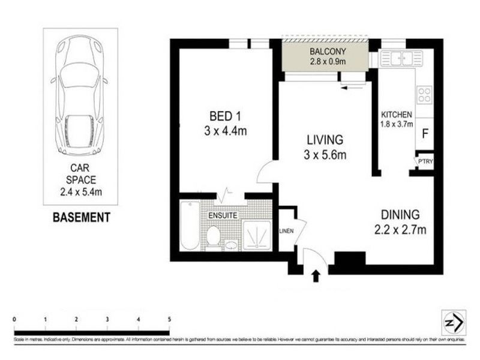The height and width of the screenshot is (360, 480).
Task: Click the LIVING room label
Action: [x=325, y=140]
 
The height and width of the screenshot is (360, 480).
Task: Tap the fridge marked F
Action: [x=425, y=134]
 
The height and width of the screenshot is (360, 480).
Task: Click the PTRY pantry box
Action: [x=425, y=162]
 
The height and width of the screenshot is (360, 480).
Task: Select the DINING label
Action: [x=400, y=214]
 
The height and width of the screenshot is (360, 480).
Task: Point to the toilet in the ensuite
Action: [x=213, y=235]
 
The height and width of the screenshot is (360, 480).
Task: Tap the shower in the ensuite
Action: [x=256, y=235]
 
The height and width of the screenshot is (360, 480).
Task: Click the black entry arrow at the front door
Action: [x=317, y=275]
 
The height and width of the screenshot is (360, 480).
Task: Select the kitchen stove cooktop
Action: [x=424, y=95]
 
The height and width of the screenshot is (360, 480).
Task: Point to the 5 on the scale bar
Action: [x=170, y=319]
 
